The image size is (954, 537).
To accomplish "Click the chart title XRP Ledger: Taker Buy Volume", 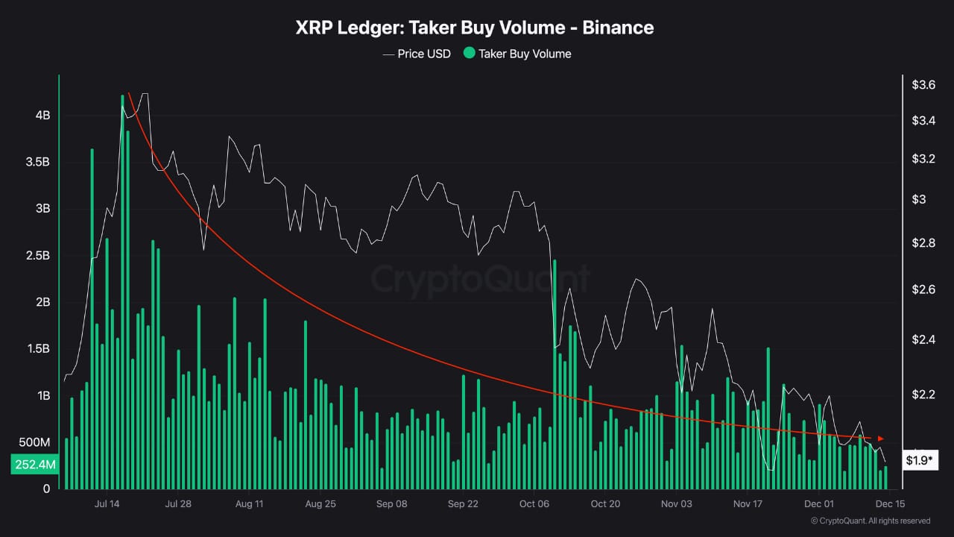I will pos(475,28).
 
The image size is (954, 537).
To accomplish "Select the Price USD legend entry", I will pos(417,54).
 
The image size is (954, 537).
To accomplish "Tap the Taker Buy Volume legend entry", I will pos(517,54).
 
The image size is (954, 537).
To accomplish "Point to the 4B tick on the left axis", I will pos(42,116).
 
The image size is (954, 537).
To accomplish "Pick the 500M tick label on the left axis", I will pos(34,442).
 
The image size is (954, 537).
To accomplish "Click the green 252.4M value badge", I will pos(34,465).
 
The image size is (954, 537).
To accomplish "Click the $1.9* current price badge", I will pos(919,460).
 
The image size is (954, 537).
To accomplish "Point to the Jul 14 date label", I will pos(107,503).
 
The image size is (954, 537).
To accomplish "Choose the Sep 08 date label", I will pos(391,503).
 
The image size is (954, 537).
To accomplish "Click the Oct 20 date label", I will pos(605,503).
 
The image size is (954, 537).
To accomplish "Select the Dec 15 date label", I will pos(889,503).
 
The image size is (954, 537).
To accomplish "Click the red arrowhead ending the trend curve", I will pos(881,438).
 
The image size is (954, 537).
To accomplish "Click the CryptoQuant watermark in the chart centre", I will pos(480,280).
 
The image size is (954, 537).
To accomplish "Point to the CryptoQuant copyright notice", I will pos(870,521).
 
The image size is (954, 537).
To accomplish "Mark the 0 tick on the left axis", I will pos(46,489).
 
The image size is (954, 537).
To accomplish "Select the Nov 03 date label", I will pos(676,503).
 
